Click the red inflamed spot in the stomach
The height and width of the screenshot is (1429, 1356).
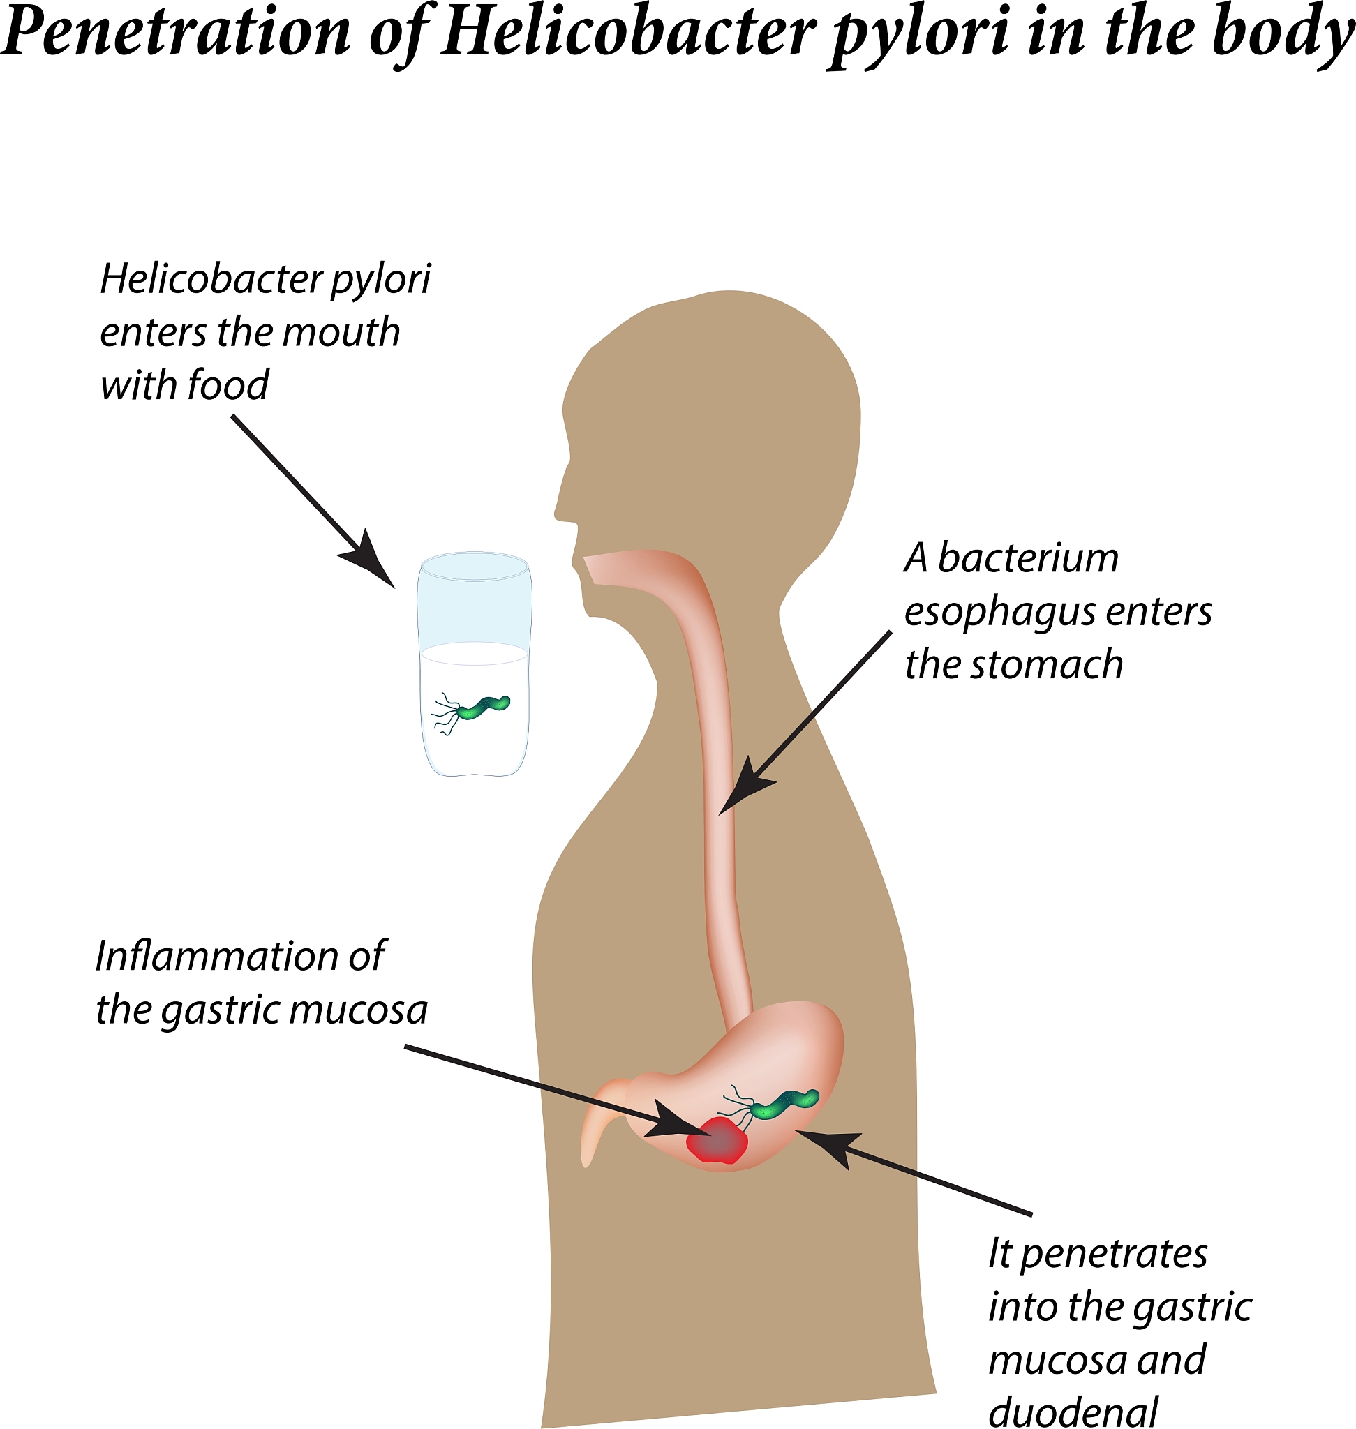[x=716, y=1141]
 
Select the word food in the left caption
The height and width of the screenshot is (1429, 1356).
[x=227, y=384]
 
